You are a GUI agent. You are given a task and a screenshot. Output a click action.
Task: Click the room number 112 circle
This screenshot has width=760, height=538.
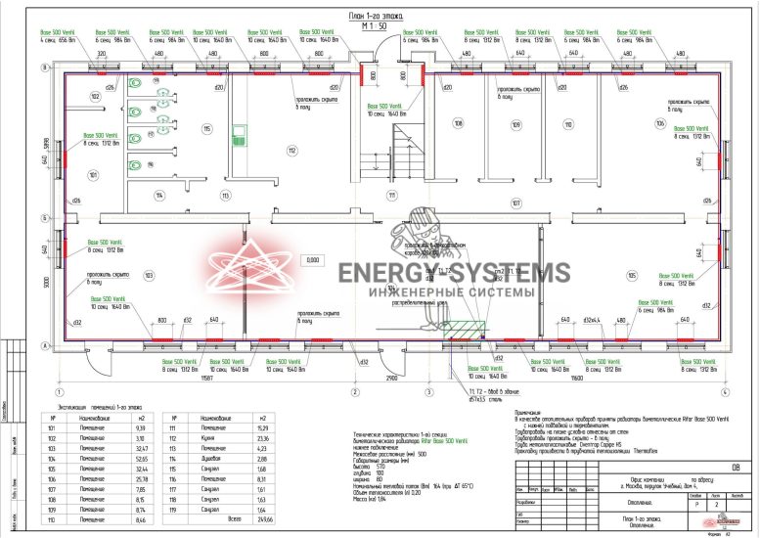(x=291, y=150)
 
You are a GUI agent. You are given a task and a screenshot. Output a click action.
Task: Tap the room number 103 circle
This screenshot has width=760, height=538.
(x=149, y=276)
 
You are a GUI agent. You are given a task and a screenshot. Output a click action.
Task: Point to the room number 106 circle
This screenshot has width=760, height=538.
(x=660, y=124)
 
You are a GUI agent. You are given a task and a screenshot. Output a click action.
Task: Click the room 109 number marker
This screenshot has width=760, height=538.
(x=515, y=124)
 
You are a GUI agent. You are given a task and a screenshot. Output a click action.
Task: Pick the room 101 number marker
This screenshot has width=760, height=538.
(x=92, y=176)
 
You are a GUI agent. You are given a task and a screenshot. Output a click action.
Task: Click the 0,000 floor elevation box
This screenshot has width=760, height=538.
(x=313, y=260)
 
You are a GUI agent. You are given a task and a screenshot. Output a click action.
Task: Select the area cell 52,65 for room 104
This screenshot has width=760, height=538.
(x=139, y=456)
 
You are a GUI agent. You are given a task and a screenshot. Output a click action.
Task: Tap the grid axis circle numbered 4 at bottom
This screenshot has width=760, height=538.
(x=725, y=392)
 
